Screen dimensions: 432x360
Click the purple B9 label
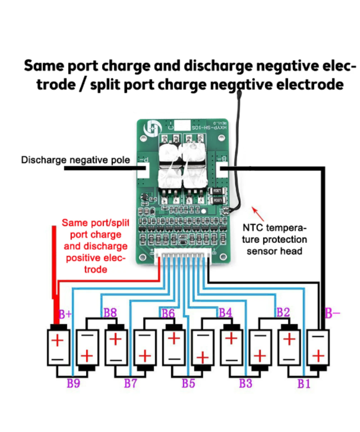tap(73, 384)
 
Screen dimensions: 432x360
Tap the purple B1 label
tap(303, 384)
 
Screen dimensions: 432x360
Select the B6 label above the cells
tap(168, 313)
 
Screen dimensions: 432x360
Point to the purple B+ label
tap(66, 314)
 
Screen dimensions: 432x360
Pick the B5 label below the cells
tap(188, 384)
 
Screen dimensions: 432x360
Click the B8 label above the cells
tap(110, 313)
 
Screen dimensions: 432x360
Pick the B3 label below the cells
tap(246, 384)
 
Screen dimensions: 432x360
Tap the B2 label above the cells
tap(283, 312)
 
